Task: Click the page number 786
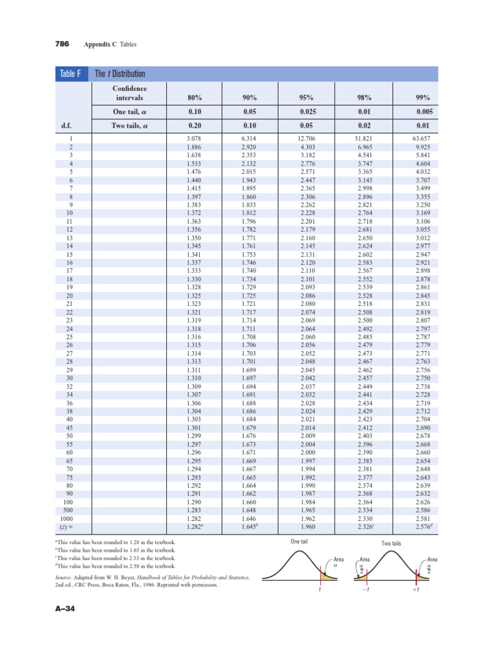[x=62, y=44]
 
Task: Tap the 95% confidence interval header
[x=305, y=98]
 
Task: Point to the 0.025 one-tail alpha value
[x=306, y=112]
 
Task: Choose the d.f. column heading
[x=66, y=126]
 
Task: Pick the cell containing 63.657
[x=417, y=139]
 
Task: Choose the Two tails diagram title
[x=391, y=543]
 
